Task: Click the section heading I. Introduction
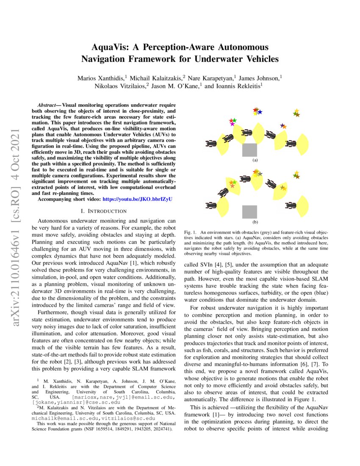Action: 104,210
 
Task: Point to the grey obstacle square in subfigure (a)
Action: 249,150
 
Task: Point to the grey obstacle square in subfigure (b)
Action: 249,211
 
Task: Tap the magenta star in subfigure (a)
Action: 232,124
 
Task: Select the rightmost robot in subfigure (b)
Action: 291,206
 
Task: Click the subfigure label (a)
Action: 255,161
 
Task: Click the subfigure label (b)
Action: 255,222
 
